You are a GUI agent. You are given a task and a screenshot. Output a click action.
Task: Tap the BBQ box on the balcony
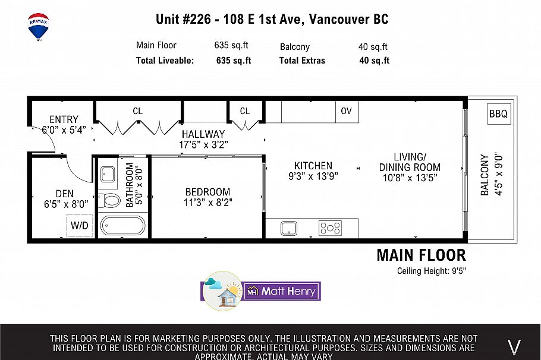(498, 113)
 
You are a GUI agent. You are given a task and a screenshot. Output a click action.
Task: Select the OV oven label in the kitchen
(346, 111)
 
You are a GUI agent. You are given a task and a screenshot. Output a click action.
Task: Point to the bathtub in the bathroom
(122, 226)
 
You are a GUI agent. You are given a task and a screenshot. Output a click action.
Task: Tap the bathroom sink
(108, 175)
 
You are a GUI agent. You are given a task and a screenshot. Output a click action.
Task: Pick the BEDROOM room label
(207, 192)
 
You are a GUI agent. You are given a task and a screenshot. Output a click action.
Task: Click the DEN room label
(64, 193)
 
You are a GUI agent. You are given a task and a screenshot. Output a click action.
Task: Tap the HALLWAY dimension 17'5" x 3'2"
(204, 144)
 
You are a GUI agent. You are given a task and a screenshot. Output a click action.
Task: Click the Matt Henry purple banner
(282, 291)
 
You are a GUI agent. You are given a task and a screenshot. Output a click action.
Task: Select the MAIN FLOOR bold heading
(421, 255)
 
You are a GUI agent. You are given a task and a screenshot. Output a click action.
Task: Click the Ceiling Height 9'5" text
(431, 271)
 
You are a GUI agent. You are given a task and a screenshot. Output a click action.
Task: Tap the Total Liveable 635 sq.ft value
(233, 60)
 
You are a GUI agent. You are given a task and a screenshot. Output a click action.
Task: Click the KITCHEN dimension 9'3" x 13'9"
(313, 176)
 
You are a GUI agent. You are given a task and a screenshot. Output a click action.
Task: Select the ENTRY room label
(64, 119)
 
